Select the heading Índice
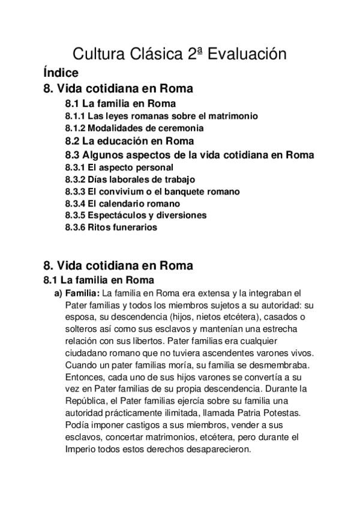click(61, 73)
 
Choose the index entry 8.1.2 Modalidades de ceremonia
click(134, 128)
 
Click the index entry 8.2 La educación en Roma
click(129, 141)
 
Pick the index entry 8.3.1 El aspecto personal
click(119, 167)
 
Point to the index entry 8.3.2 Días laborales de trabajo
click(130, 179)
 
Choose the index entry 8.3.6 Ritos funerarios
click(110, 227)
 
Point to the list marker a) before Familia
click(58, 294)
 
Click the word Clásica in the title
click(151, 55)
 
